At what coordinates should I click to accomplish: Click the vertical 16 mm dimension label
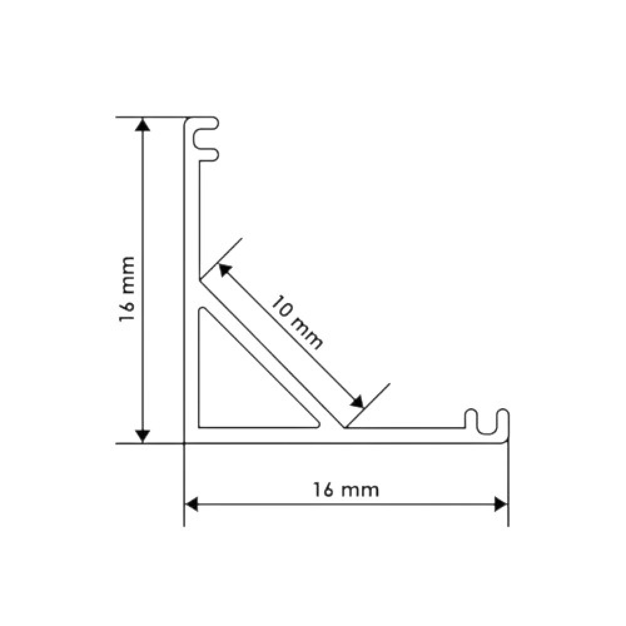tap(126, 289)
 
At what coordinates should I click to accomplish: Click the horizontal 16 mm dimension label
tap(346, 490)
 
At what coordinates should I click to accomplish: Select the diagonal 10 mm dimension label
tap(297, 322)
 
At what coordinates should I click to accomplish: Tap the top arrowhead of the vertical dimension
tap(143, 124)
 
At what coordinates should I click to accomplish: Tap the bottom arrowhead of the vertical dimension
tap(143, 436)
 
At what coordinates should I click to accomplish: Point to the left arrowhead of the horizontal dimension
tap(192, 504)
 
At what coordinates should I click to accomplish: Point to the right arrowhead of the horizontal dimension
tap(501, 504)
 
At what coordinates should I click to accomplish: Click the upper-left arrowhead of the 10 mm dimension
tap(225, 270)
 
